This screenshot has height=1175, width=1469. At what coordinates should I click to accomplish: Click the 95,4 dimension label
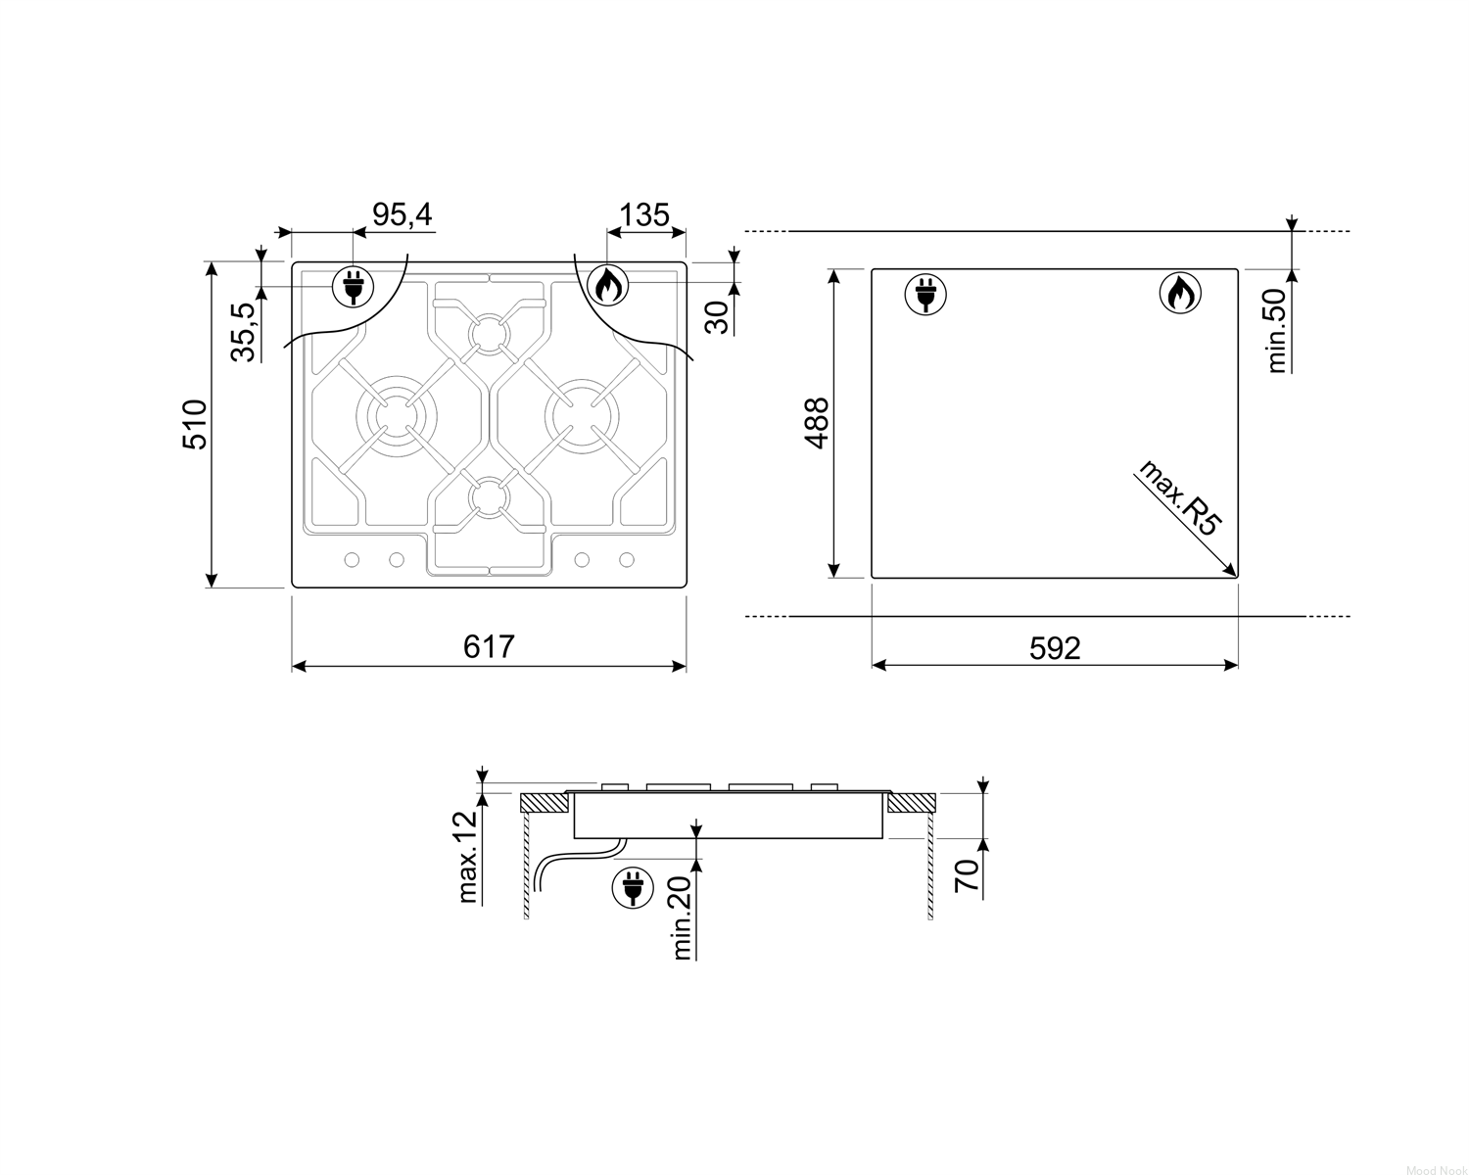[x=403, y=214]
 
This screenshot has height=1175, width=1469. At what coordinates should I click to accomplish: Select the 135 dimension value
[x=643, y=215]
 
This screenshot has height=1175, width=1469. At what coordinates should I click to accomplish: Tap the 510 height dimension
[x=195, y=424]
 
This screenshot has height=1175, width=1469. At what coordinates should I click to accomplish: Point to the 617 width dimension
[x=488, y=646]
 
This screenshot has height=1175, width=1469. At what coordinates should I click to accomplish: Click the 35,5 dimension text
[x=242, y=332]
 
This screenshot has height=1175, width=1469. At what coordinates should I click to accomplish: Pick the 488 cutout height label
[x=817, y=423]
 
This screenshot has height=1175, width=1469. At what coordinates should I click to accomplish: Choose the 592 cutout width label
[x=1055, y=648]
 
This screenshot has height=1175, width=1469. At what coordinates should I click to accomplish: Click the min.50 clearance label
[x=1276, y=330]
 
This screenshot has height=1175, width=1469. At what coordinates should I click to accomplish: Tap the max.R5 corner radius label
[x=1179, y=497]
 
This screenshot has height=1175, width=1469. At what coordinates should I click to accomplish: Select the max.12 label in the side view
[x=467, y=858]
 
